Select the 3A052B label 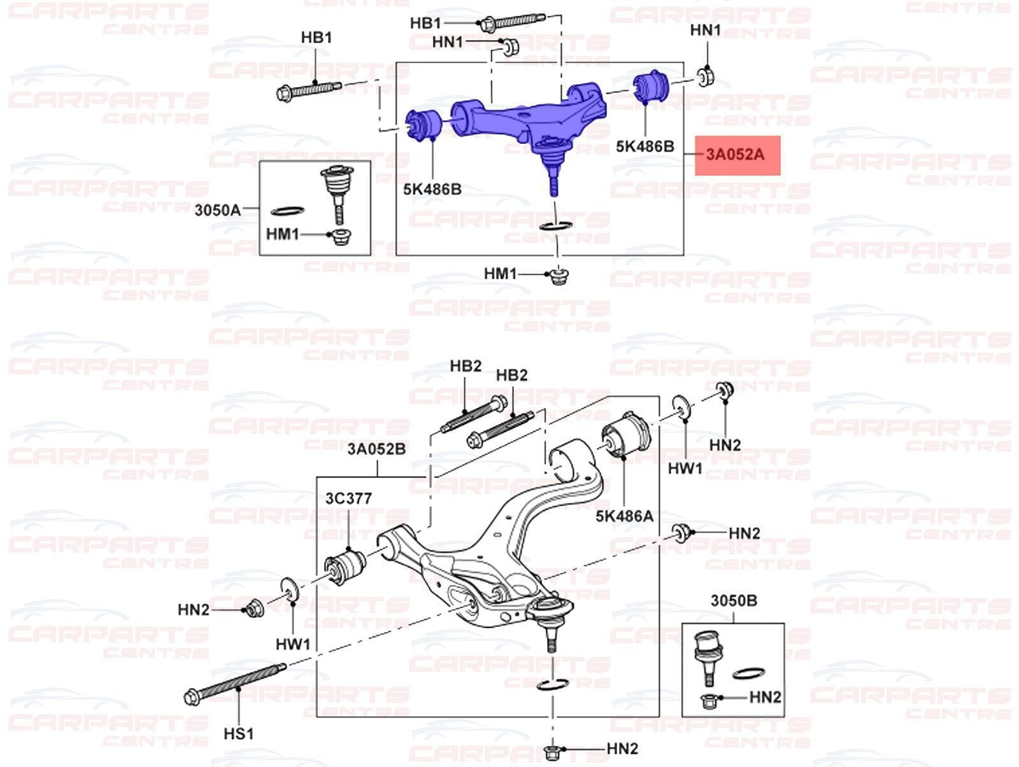coord(376,449)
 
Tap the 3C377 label coord(348,498)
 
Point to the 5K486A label coord(624,516)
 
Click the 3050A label coord(218,210)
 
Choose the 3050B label coord(734,600)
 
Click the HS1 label coord(239,734)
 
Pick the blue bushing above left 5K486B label coord(424,123)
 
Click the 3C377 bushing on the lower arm coord(345,567)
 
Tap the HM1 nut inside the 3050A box coord(342,237)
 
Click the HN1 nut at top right coord(706,77)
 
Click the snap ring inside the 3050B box coord(748,673)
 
